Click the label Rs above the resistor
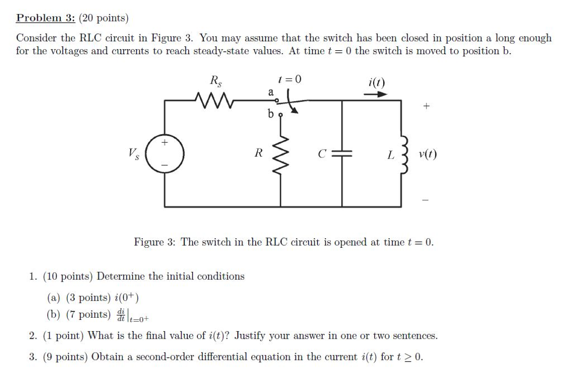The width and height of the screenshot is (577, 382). (216, 81)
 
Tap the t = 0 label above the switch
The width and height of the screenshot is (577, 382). (290, 80)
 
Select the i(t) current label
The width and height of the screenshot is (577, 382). (376, 82)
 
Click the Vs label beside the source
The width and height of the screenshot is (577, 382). (134, 152)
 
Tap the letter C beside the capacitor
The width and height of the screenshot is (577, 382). (321, 154)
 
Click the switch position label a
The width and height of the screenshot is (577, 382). (270, 91)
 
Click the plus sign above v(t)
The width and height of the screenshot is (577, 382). (426, 106)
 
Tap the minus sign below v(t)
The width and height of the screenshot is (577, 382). (426, 199)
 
